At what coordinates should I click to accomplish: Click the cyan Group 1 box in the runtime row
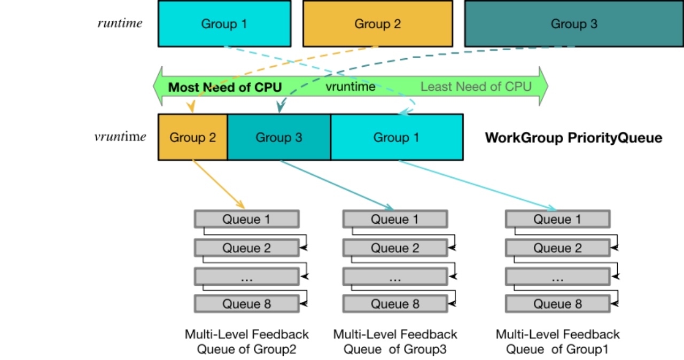tap(224, 24)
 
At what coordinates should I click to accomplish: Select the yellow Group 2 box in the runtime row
tap(377, 24)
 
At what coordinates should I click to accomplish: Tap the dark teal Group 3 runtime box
tap(574, 24)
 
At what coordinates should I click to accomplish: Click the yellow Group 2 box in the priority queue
tap(193, 137)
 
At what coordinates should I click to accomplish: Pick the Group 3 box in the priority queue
tap(279, 137)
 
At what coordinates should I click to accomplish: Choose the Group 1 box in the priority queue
tap(397, 137)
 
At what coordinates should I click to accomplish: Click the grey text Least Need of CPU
tap(476, 87)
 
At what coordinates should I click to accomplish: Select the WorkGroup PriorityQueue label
tap(573, 138)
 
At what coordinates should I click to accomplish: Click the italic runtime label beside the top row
tap(120, 23)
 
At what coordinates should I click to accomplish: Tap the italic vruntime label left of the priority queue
tap(120, 137)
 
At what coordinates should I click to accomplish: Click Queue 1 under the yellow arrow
tap(246, 220)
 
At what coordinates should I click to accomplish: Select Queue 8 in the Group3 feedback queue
tap(395, 304)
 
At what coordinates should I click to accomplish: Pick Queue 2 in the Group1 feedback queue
tap(557, 248)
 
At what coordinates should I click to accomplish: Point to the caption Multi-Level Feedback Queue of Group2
tap(246, 342)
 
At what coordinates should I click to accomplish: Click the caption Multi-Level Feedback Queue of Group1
tap(557, 342)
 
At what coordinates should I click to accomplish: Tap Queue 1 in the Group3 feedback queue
tap(395, 220)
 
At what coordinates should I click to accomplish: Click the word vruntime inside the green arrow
tap(351, 87)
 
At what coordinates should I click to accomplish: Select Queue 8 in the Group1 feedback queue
tap(557, 304)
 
